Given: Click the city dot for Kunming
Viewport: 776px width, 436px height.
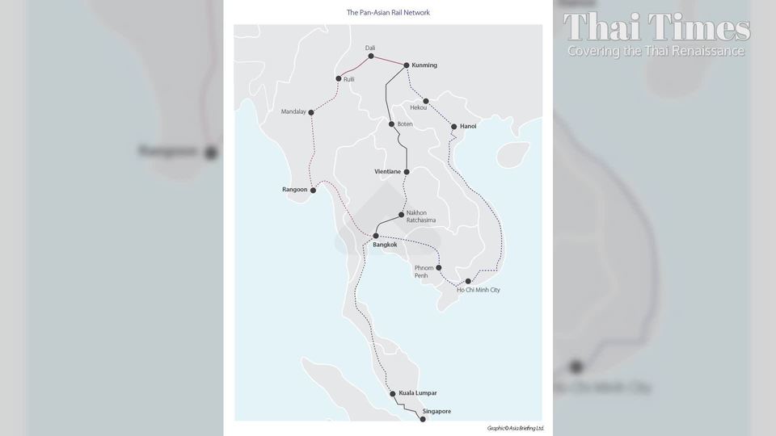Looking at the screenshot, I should (406, 65).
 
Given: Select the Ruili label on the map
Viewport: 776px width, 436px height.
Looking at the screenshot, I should (349, 79).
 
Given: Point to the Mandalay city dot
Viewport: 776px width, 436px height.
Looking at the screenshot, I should (311, 111).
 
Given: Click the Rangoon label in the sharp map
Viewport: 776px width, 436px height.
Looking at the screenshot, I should (295, 190).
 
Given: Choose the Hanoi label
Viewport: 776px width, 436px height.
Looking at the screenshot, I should (468, 127).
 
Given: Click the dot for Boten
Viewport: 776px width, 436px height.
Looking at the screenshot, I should (391, 124).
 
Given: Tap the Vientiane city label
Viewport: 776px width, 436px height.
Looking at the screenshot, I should (387, 172).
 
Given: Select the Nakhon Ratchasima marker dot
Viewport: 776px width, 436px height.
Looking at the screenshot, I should (401, 214).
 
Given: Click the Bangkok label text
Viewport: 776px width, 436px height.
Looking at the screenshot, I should (385, 245).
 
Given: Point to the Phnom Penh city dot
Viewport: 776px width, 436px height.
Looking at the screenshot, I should (439, 267).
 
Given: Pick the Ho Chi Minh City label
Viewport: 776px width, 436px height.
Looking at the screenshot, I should (478, 290).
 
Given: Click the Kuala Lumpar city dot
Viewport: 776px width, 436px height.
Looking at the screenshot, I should (393, 394).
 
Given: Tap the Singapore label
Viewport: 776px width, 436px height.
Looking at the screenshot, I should (436, 412).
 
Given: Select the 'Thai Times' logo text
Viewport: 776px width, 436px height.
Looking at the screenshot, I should (656, 27).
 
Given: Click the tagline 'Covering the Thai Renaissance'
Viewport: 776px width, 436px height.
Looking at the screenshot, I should (656, 51).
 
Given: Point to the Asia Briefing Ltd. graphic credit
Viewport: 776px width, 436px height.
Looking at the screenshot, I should (516, 428).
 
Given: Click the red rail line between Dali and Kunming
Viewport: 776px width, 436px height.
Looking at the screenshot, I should (389, 61).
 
